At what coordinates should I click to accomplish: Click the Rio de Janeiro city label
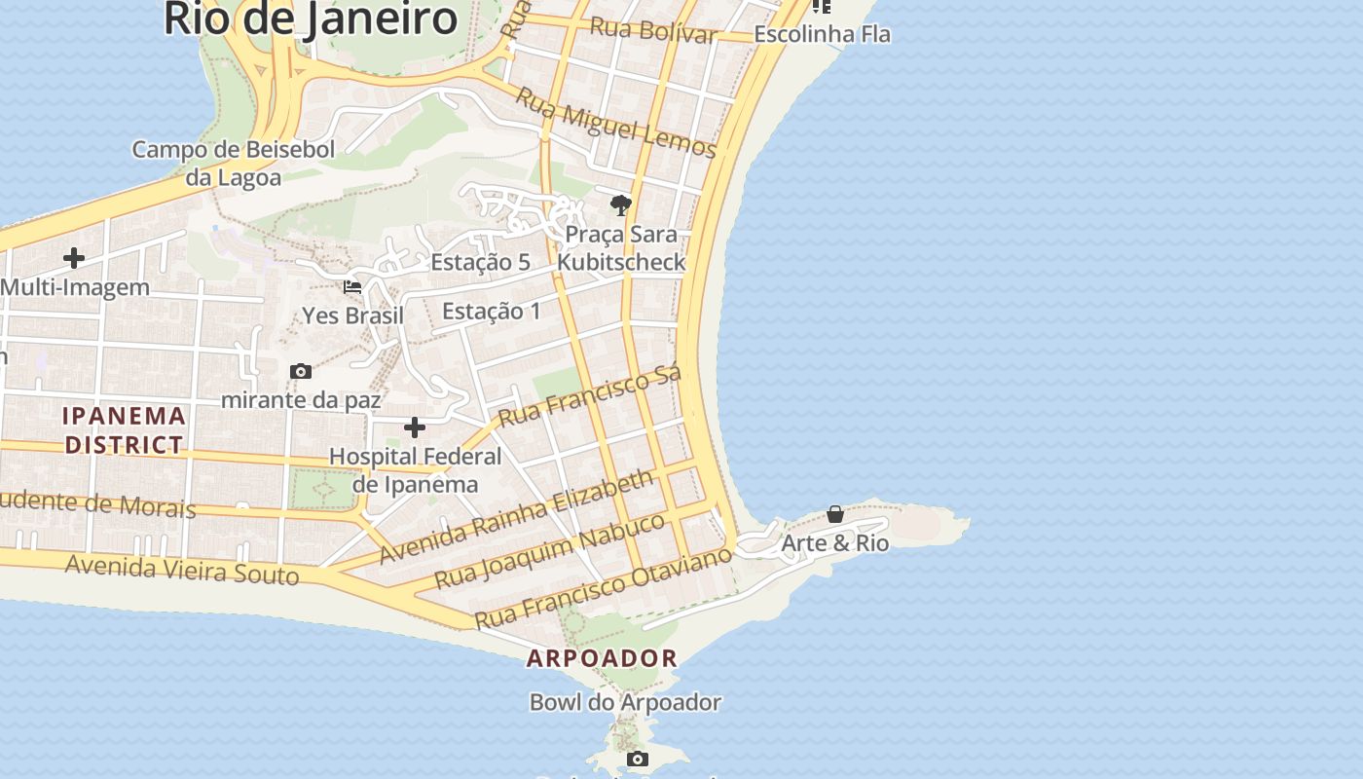click(x=311, y=19)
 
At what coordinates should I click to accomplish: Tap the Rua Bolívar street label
click(x=653, y=29)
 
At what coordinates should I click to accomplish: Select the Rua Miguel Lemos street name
click(x=615, y=123)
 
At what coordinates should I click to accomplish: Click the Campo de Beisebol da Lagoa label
click(x=234, y=163)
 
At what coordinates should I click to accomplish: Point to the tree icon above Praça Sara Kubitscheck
click(x=620, y=204)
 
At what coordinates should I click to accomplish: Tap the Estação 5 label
click(x=480, y=262)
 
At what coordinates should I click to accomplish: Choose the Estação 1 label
click(x=491, y=311)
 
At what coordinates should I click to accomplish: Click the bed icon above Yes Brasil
click(x=352, y=286)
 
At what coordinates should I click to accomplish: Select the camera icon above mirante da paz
click(x=301, y=371)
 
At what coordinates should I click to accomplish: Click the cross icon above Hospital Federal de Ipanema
click(x=415, y=427)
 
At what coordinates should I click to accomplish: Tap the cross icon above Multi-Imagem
click(x=74, y=258)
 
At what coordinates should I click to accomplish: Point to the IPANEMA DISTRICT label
click(x=124, y=429)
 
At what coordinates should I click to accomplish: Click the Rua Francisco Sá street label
click(x=589, y=396)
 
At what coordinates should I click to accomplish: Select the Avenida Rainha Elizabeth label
click(x=517, y=516)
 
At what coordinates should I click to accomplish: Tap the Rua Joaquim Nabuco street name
click(x=550, y=550)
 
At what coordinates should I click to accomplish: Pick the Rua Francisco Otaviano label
click(x=603, y=587)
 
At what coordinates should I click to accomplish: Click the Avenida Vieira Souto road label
click(x=182, y=569)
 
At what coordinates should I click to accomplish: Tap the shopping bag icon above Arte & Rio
click(x=835, y=514)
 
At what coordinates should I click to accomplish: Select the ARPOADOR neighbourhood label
click(x=602, y=658)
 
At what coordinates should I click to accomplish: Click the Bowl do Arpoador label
click(x=625, y=702)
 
